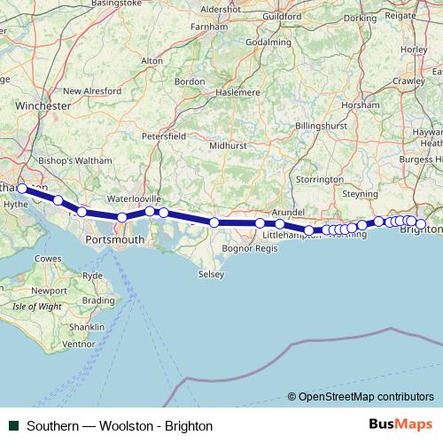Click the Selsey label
click(x=211, y=275)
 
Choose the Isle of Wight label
click(x=37, y=307)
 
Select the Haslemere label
click(x=246, y=91)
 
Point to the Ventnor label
click(x=78, y=344)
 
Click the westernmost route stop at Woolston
click(x=22, y=189)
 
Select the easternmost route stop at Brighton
click(x=421, y=224)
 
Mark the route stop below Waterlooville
click(x=150, y=211)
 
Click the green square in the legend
click(x=14, y=425)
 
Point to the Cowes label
click(x=48, y=258)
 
